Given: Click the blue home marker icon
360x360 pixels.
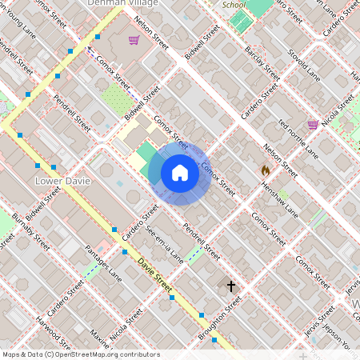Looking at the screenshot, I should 180,173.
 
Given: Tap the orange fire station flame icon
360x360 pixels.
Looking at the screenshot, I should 265,170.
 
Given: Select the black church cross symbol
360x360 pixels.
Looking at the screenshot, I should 231,286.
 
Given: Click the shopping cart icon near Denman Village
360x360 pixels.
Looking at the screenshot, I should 134,39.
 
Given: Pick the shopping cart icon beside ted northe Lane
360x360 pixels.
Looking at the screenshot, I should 313,124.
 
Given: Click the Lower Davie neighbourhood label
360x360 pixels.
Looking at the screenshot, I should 63,182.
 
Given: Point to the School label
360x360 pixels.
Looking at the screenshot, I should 234,4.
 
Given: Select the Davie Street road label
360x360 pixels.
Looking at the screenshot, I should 154,273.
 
